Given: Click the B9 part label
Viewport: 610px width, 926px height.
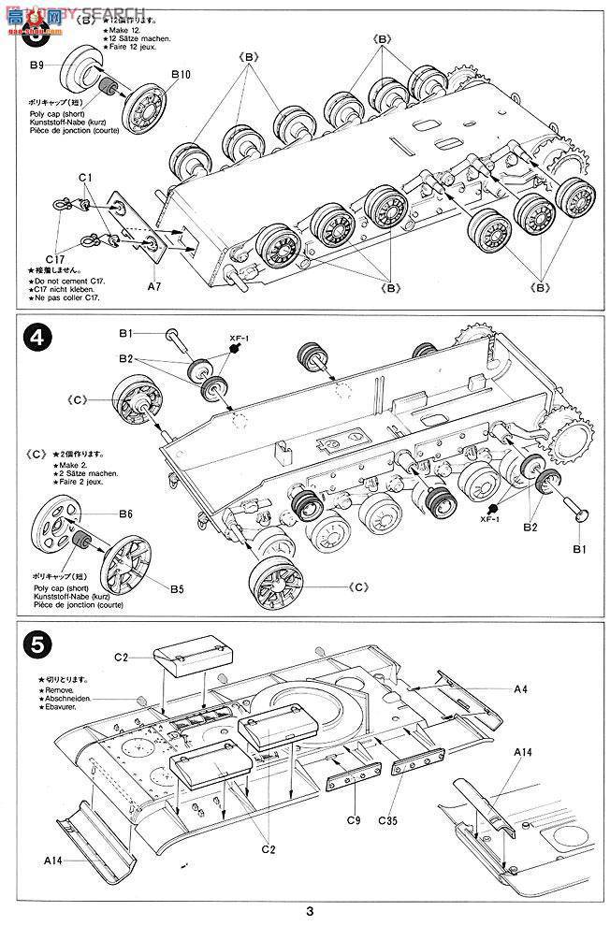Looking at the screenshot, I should click(x=36, y=65).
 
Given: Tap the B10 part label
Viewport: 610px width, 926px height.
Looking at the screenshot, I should click(x=180, y=74).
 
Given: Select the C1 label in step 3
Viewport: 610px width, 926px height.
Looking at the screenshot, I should click(x=83, y=178).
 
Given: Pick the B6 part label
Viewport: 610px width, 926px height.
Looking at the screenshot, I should click(x=125, y=514).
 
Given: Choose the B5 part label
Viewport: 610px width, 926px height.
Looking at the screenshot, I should click(x=177, y=589).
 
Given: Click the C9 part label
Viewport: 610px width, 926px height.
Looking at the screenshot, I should click(x=352, y=820).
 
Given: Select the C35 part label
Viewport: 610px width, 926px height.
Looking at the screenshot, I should click(x=389, y=820).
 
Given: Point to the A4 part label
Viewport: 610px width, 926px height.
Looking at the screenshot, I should click(x=521, y=688).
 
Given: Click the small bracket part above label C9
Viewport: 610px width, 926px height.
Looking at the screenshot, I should click(x=353, y=783).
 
